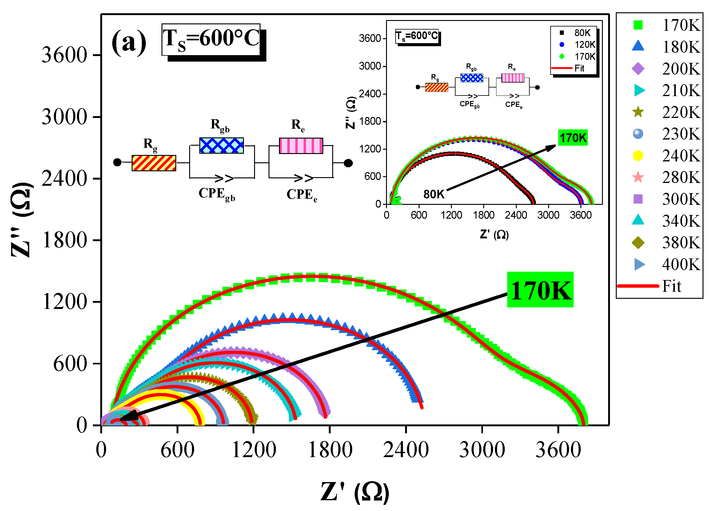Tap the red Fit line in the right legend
click(x=638, y=286)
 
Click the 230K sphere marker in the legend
click(x=638, y=134)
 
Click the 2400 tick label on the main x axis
click(x=406, y=450)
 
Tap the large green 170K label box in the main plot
click(x=540, y=290)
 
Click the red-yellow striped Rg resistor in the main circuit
click(x=154, y=163)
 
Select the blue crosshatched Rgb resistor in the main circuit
click(x=221, y=145)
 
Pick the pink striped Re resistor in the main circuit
click(x=301, y=146)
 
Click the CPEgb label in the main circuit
click(x=217, y=194)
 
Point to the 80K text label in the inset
click(x=434, y=194)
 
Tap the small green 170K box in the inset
click(x=573, y=138)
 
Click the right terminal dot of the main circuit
click(x=348, y=163)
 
